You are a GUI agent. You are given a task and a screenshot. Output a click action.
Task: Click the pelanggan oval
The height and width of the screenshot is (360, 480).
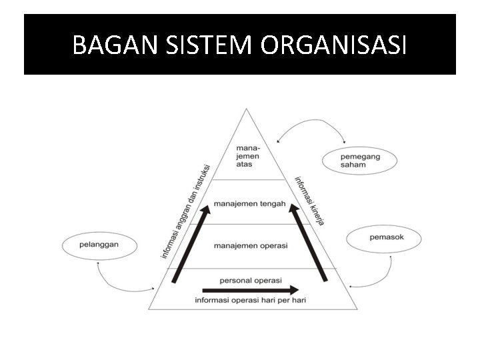99,245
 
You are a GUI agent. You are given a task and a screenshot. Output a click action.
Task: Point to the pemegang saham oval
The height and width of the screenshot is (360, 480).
359,160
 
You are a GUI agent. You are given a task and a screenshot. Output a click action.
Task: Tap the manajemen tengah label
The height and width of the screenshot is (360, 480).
250,204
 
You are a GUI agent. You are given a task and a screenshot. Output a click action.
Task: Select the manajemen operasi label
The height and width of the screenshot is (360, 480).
251,245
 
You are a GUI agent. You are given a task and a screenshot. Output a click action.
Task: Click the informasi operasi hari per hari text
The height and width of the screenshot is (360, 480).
251,301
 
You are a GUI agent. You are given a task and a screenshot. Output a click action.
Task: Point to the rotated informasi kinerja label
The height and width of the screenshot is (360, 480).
309,200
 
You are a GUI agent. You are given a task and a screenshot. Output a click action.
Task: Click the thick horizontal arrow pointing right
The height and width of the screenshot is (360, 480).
251,290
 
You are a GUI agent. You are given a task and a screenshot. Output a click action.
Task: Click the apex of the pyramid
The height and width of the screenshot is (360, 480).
247,110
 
